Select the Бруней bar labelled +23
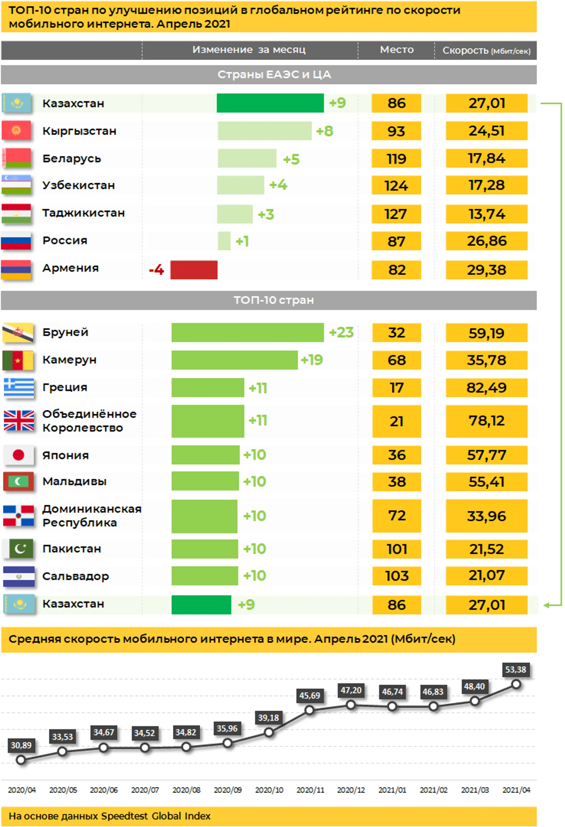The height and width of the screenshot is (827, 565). coord(247,332)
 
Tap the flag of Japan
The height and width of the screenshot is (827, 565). coord(19,455)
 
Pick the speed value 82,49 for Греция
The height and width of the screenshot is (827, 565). coord(486,388)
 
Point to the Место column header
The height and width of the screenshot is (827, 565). coord(397,50)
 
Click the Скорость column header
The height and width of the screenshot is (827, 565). coord(486,50)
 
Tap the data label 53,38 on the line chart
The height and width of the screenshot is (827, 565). coord(516,669)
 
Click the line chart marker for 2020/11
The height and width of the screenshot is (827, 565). coord(309,710)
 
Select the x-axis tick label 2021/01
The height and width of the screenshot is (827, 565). coord(392,790)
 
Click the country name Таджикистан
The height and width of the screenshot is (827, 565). coord(83,213)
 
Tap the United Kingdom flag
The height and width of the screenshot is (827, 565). coord(19,421)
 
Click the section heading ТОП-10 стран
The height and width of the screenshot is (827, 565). coord(273,300)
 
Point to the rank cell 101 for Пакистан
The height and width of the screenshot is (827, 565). coord(397,549)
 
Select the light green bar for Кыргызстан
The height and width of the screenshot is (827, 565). coord(264,131)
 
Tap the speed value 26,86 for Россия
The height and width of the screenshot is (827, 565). coord(486,241)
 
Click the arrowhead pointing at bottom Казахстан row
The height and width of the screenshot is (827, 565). coord(547,605)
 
